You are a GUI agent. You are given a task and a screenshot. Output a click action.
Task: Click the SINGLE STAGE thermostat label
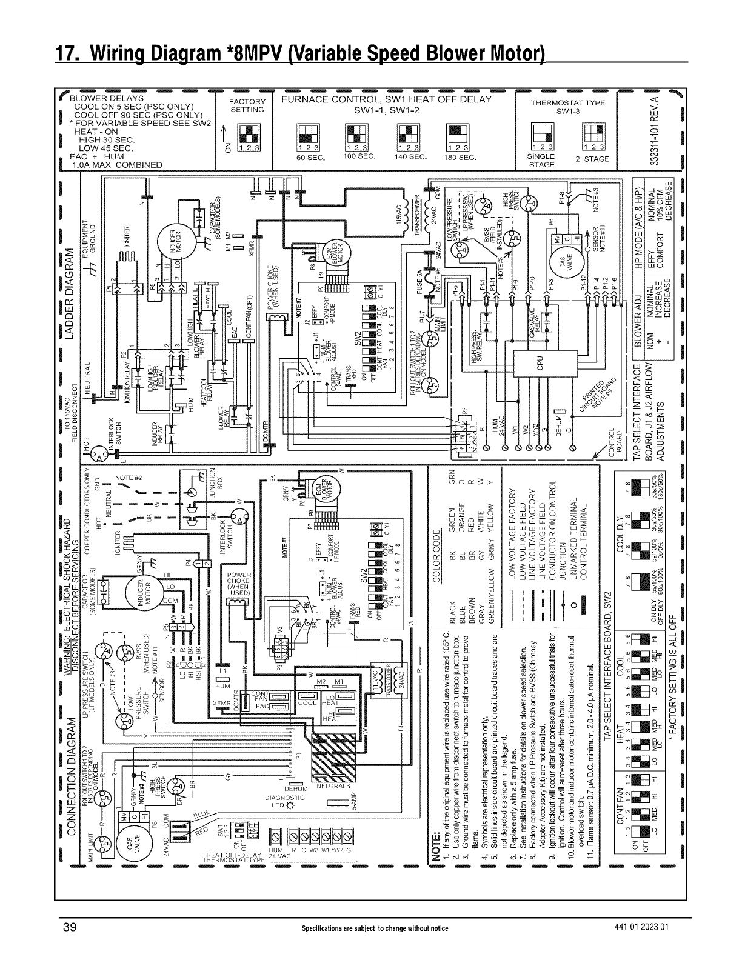(x=541, y=161)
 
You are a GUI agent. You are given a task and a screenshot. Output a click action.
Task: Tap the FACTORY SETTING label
(x=249, y=105)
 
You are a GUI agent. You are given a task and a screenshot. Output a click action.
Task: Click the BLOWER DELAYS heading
(x=107, y=98)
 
